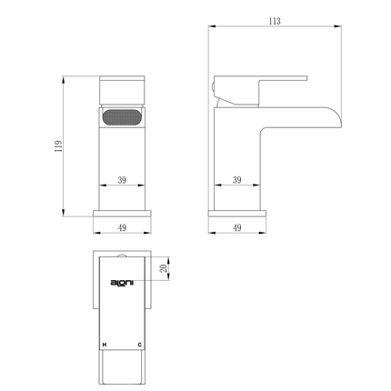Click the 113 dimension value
click(x=275, y=21)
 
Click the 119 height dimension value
click(x=58, y=146)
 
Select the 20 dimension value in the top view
click(x=164, y=268)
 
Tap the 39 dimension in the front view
click(x=122, y=180)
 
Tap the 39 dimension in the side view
click(x=237, y=180)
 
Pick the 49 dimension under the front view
click(x=122, y=227)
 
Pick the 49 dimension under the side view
click(x=237, y=227)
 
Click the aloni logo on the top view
click(x=122, y=283)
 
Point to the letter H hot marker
click(x=105, y=345)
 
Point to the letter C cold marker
click(x=139, y=345)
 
